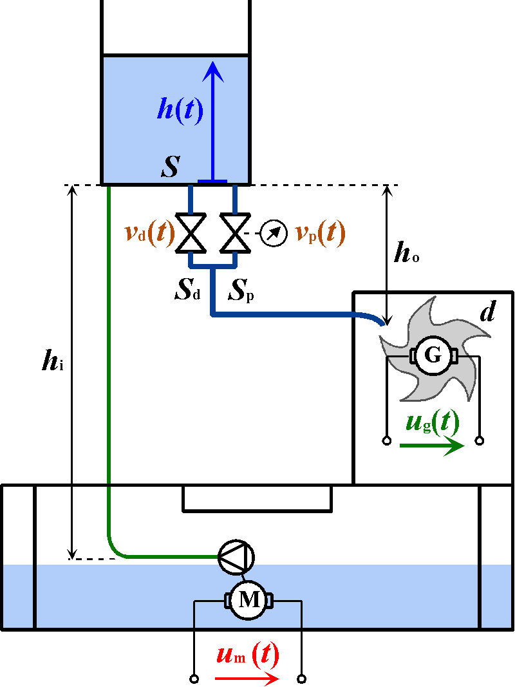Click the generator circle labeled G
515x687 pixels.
433,355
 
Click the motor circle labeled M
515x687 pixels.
250,600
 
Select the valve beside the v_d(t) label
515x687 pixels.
191,233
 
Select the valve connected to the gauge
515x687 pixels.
234,233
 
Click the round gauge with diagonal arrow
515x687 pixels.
273,234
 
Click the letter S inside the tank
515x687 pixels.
170,167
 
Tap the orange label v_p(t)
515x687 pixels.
320,233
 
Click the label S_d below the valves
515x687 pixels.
187,290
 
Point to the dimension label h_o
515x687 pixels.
406,254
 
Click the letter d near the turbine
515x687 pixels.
487,312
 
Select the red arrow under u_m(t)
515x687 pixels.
247,679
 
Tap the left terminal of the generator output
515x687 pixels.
386,441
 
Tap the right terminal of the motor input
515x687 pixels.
301,679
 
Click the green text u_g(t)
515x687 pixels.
433,422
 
